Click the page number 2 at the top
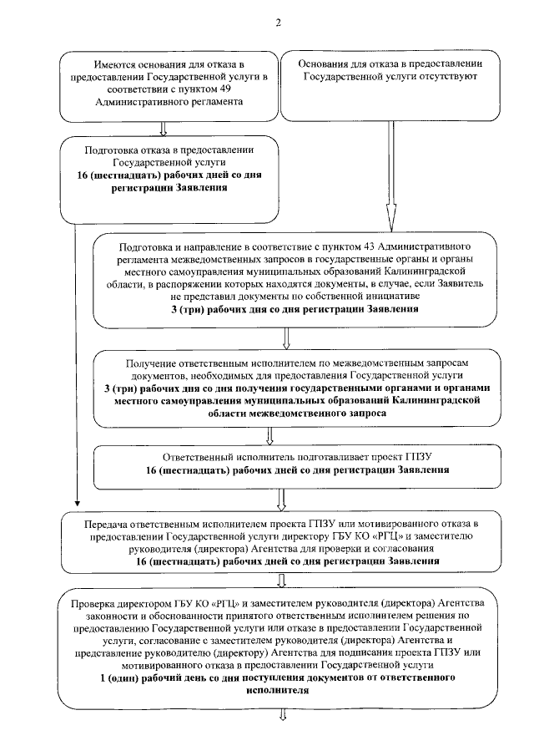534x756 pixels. (x=278, y=23)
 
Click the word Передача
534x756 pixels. (x=110, y=524)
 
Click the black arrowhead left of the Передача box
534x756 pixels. (x=76, y=505)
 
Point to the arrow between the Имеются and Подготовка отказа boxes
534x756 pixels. (x=164, y=127)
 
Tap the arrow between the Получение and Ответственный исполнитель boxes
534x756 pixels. (x=269, y=434)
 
